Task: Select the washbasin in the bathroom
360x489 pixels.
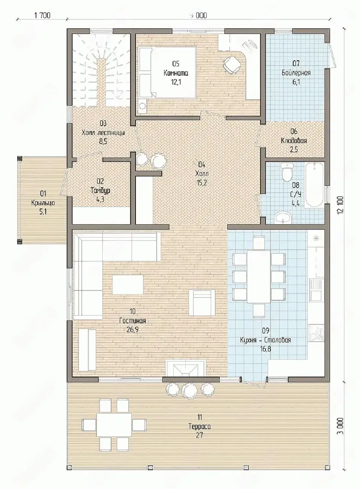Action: [283, 217]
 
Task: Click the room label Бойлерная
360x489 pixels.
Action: [296, 73]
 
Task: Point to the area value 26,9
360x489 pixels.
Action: [132, 329]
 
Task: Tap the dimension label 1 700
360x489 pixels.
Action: [42, 16]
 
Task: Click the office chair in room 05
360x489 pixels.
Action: [232, 64]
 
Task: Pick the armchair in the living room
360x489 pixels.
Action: [202, 302]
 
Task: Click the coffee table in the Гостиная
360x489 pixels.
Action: [128, 285]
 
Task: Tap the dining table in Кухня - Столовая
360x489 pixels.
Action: [259, 277]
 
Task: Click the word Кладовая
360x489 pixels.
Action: [294, 141]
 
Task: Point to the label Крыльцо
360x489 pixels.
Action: [43, 203]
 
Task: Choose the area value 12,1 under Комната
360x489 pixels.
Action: [176, 82]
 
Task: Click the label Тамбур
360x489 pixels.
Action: [100, 191]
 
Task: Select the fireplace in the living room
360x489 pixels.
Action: [186, 368]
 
